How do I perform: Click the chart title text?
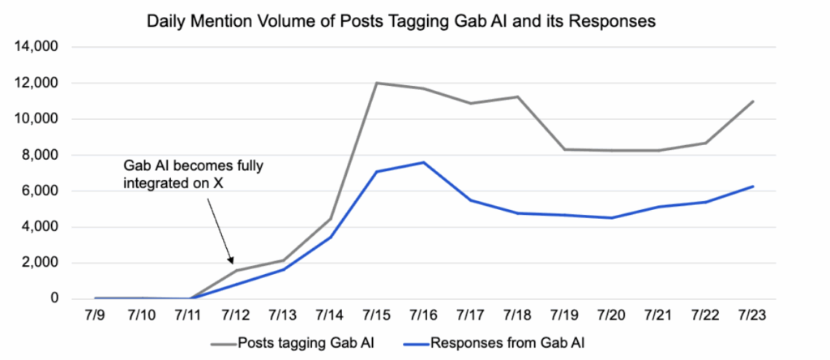[x=400, y=21]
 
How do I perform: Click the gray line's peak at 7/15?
[x=378, y=83]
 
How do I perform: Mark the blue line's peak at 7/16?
[x=425, y=162]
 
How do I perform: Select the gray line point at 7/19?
[x=566, y=149]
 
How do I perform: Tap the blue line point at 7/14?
[x=331, y=237]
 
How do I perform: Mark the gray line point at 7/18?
[x=519, y=96]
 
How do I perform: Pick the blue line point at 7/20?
[x=613, y=218]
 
